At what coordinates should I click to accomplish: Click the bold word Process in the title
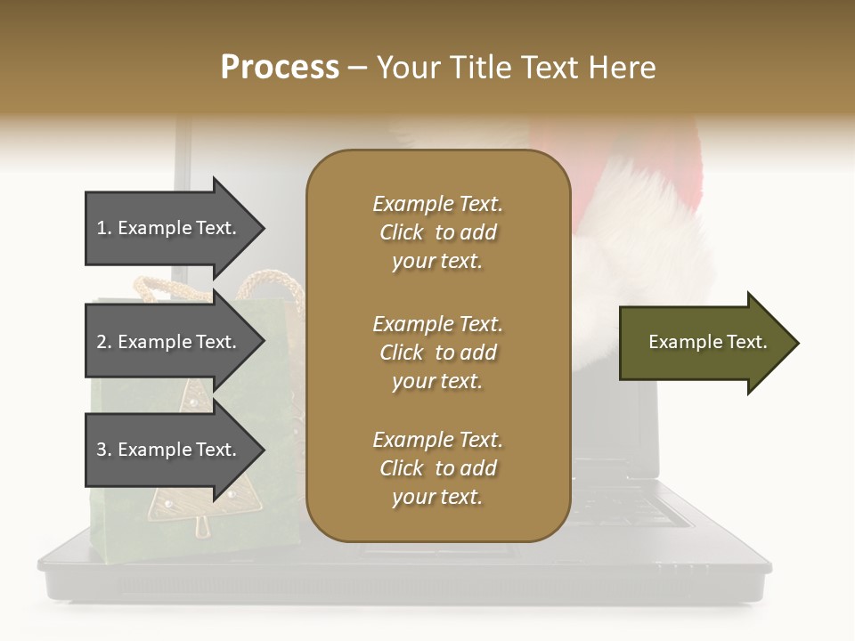tap(280, 68)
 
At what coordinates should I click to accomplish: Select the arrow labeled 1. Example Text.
tap(169, 228)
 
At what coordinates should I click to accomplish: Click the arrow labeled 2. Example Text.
tap(169, 342)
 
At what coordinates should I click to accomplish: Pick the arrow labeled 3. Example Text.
tap(169, 450)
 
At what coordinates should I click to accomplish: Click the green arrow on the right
tap(704, 343)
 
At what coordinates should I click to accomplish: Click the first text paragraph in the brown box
tap(437, 232)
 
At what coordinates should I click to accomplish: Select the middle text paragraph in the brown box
tap(437, 353)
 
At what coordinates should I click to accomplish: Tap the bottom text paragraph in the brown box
tap(437, 468)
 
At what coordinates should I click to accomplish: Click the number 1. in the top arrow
tap(104, 228)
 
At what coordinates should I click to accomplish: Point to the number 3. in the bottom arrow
tap(104, 450)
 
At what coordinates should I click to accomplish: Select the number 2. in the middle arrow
tap(104, 342)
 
